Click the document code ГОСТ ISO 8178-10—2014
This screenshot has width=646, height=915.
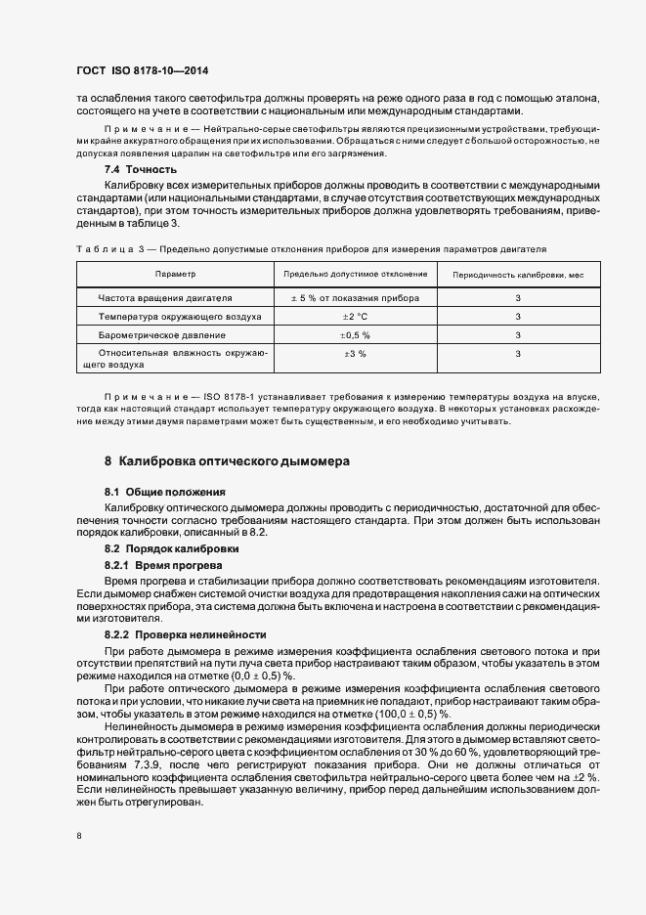click(x=142, y=70)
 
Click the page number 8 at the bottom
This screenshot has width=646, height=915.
click(x=79, y=837)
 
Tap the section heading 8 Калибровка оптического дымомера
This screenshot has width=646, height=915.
click(x=227, y=459)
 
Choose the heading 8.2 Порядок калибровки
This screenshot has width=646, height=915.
click(x=172, y=549)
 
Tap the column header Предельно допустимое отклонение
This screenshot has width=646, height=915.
click(x=355, y=275)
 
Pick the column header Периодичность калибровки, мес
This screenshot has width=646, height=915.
click(x=518, y=275)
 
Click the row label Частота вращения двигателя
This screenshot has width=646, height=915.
click(x=165, y=298)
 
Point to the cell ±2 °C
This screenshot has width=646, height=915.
click(x=355, y=317)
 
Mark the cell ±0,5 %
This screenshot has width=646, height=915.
click(x=355, y=335)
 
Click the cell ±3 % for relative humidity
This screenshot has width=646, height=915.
click(x=355, y=354)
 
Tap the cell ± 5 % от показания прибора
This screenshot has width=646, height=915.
click(x=355, y=298)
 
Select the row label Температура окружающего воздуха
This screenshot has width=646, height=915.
click(x=179, y=317)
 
